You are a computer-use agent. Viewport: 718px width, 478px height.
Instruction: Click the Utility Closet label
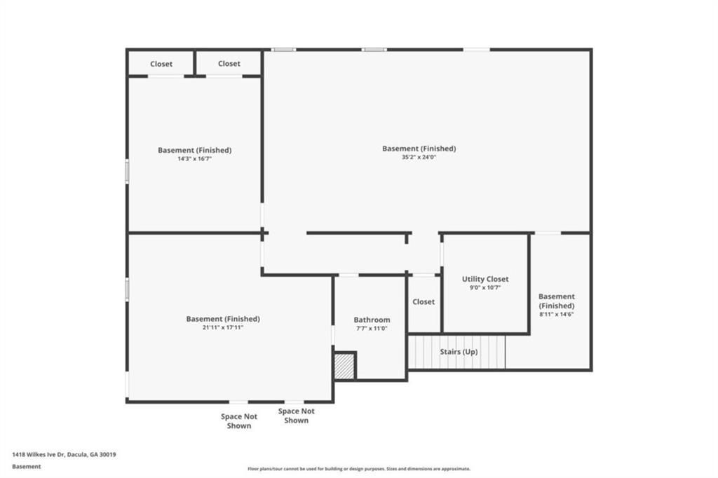click(485, 279)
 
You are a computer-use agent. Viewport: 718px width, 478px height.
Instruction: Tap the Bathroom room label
click(372, 320)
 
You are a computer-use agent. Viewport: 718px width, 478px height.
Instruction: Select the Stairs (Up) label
click(459, 352)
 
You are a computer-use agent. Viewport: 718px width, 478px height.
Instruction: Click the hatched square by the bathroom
click(344, 366)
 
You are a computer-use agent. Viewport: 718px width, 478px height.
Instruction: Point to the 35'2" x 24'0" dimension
click(419, 157)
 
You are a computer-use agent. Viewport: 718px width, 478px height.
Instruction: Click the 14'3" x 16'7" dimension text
click(195, 159)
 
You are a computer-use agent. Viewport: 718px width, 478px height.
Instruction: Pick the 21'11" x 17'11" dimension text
click(223, 327)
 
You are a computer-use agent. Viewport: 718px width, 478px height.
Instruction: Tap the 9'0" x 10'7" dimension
click(485, 287)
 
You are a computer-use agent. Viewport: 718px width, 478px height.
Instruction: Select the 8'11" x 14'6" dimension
click(556, 314)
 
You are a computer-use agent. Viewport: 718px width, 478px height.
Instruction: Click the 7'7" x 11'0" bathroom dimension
click(372, 328)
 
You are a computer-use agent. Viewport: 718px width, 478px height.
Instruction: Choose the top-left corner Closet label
click(161, 64)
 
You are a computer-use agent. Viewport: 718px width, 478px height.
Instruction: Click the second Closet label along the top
click(229, 64)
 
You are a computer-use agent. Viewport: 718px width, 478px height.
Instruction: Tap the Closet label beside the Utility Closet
click(424, 301)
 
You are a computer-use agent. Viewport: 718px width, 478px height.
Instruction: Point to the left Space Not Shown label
click(239, 421)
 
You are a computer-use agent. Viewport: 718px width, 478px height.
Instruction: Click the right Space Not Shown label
click(297, 416)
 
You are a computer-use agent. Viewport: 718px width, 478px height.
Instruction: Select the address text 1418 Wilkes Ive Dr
click(39, 455)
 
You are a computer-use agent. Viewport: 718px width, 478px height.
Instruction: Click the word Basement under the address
click(27, 467)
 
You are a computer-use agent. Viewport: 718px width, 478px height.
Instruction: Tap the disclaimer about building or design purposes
click(359, 469)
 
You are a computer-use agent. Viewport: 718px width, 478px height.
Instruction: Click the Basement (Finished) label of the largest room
click(419, 149)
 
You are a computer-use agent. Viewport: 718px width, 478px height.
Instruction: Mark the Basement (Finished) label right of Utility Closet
click(556, 301)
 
